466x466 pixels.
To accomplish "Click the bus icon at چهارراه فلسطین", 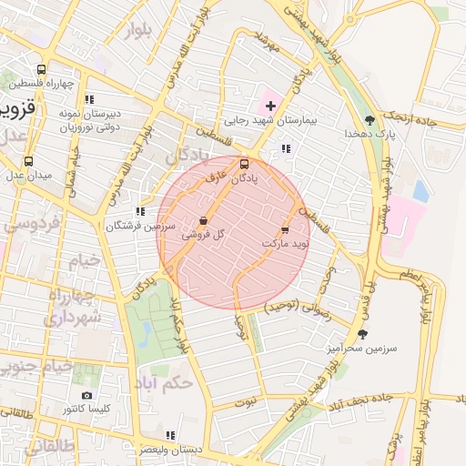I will click(x=42, y=69).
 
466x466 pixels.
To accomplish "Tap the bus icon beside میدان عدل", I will click(x=28, y=161).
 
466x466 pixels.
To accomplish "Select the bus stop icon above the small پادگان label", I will click(x=243, y=165).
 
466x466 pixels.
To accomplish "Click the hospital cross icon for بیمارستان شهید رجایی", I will click(x=270, y=106).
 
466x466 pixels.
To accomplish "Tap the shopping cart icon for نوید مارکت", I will click(x=285, y=230).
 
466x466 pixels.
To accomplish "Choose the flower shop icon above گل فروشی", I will click(x=203, y=221).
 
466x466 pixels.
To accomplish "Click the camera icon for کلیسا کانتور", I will click(x=87, y=395).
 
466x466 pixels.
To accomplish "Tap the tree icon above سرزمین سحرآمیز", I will click(x=362, y=334).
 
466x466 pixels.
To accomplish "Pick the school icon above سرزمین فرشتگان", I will click(x=139, y=211).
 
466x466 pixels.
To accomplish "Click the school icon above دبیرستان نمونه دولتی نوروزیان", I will click(x=88, y=99).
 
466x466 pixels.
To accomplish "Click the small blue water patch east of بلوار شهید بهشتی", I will click(x=420, y=190).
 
